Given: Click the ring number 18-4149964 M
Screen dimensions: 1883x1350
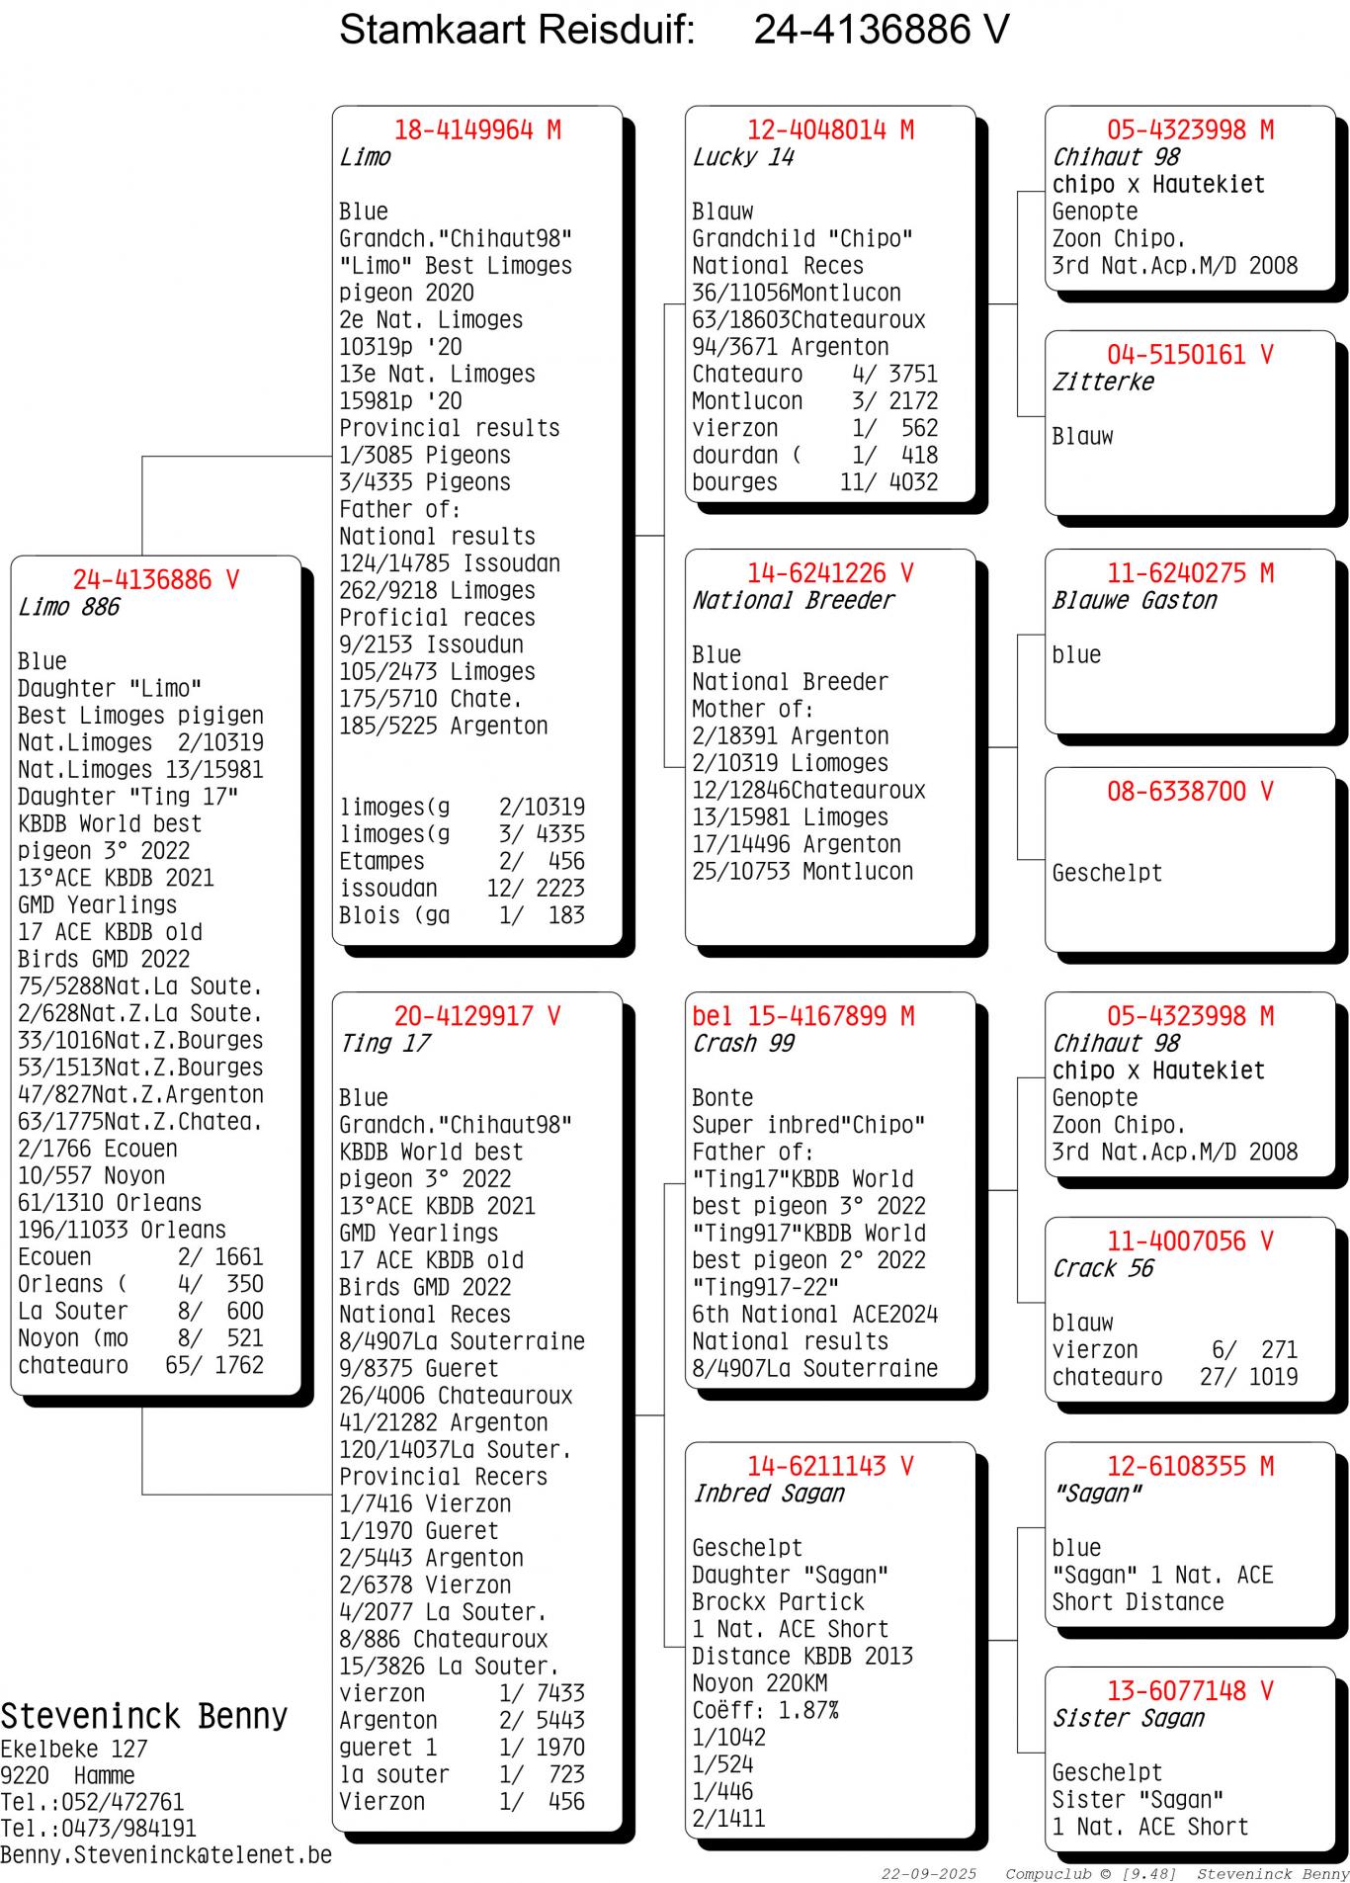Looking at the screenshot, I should click(x=477, y=130).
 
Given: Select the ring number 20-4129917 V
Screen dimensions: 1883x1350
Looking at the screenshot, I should click(x=477, y=1016).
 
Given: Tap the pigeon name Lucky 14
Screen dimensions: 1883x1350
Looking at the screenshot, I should click(x=743, y=157).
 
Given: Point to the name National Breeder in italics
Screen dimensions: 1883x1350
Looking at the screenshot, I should click(x=793, y=600).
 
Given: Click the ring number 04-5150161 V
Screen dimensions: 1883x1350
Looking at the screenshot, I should click(x=1190, y=355).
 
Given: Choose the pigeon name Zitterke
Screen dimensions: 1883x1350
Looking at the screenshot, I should click(x=1103, y=382).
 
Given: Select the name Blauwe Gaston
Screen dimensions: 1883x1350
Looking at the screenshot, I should click(x=1135, y=600).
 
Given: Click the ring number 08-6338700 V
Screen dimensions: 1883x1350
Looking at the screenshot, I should click(x=1190, y=792).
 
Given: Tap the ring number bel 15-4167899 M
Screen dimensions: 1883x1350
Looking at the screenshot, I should click(x=802, y=1016).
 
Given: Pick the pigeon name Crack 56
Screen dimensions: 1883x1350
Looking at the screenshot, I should click(x=1103, y=1268).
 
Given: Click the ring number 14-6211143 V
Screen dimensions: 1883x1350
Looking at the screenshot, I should click(x=830, y=1466).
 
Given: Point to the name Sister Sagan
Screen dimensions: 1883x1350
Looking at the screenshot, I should click(x=1129, y=1718).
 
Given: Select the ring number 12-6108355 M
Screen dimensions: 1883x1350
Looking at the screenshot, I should click(x=1190, y=1466).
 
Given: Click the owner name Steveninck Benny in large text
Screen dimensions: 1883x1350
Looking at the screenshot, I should click(x=144, y=1716).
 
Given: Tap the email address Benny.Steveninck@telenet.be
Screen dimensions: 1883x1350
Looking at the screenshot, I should click(x=166, y=1855).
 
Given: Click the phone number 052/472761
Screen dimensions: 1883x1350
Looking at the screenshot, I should click(x=123, y=1802).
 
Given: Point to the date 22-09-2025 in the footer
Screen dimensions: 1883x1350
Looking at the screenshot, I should click(x=929, y=1874).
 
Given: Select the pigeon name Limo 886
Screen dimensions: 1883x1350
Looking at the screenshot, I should click(x=68, y=607).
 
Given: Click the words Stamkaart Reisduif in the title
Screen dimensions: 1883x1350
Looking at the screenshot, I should click(x=517, y=31).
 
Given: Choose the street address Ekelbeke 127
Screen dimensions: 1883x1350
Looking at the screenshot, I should click(x=73, y=1749).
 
